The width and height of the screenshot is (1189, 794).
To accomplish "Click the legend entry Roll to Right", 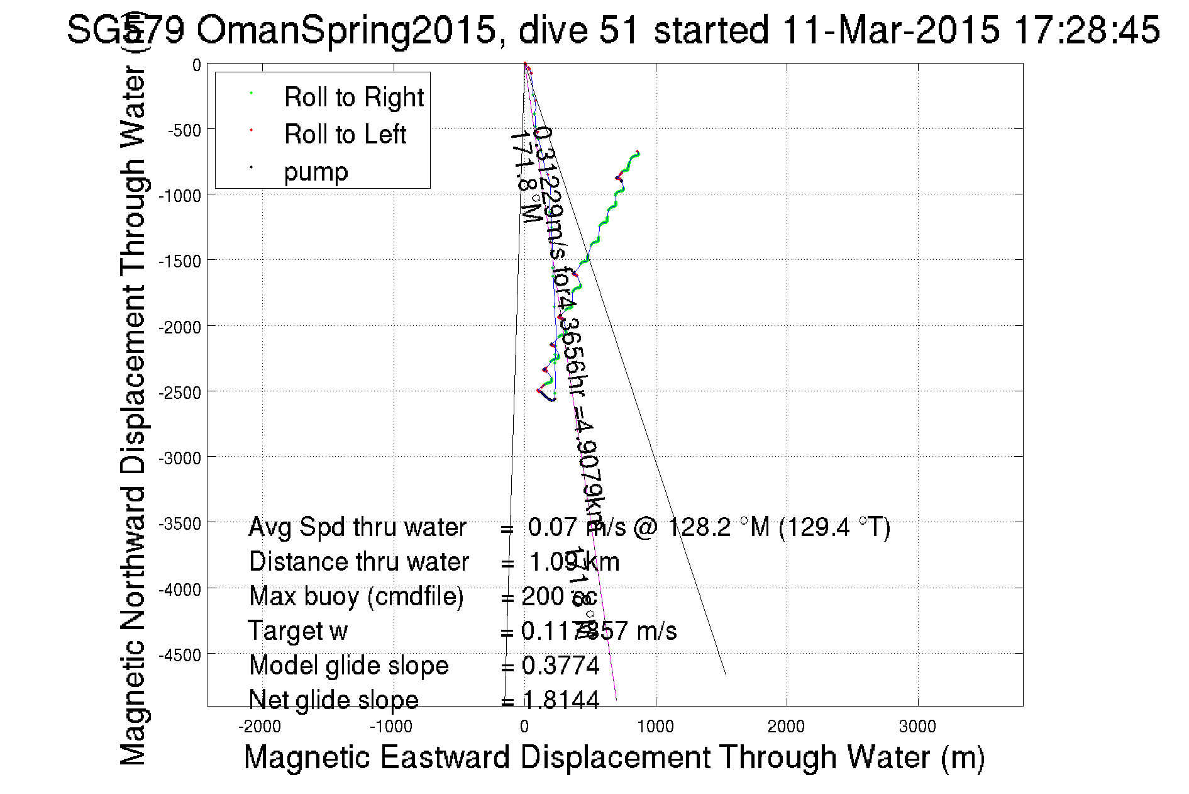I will (x=353, y=98).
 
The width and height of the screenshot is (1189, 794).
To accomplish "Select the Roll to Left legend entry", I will (x=345, y=135).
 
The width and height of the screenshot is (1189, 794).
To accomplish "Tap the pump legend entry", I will (x=316, y=172).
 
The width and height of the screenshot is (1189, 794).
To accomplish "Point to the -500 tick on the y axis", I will (x=184, y=131).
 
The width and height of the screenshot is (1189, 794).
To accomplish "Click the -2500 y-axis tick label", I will (x=180, y=393).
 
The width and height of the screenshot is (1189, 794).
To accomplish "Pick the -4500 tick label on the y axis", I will (x=180, y=656).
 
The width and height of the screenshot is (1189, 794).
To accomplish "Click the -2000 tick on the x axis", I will (x=260, y=727).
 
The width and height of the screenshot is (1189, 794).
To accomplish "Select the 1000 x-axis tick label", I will (x=655, y=727).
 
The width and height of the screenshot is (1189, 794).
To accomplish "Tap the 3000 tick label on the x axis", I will (x=917, y=727).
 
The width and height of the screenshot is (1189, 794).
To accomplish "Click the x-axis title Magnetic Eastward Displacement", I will (x=614, y=757).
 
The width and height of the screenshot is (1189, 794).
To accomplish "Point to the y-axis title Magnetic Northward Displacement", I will (x=133, y=415).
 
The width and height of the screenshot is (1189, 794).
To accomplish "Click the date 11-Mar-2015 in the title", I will (x=890, y=30).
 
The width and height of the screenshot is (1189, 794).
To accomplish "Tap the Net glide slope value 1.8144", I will (x=561, y=700).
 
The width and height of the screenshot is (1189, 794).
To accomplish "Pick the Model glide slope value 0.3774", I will (x=561, y=666).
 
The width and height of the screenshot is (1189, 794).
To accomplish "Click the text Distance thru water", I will (x=358, y=562).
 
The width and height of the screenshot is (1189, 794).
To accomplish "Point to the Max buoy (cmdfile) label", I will (x=356, y=596).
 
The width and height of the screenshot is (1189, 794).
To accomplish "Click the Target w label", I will (x=297, y=631).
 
